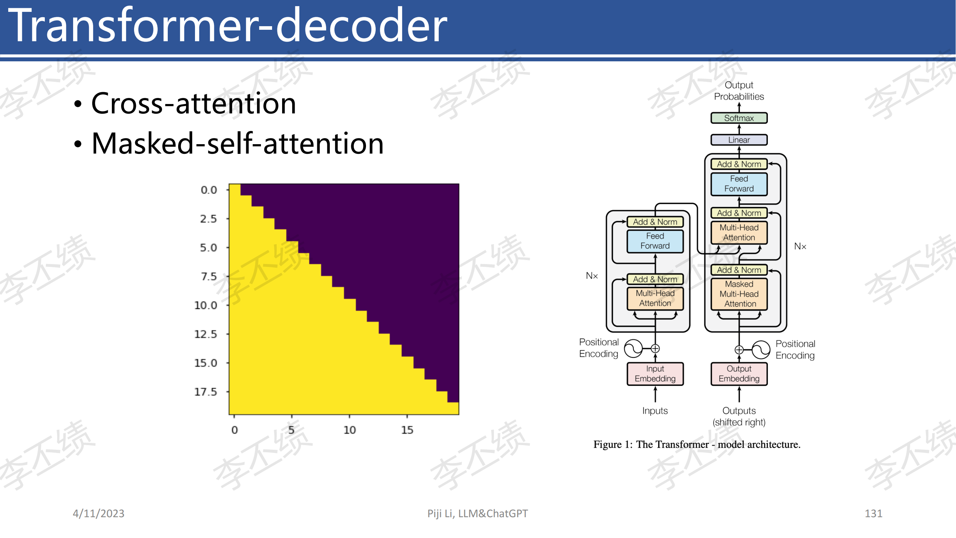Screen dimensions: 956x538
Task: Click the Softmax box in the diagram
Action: [738, 118]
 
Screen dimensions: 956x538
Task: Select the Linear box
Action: [738, 140]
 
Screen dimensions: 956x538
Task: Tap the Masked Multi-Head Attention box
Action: [739, 294]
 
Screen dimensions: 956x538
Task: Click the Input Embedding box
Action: [655, 373]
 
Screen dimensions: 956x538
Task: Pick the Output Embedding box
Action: [739, 373]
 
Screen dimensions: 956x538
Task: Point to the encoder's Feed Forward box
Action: [655, 241]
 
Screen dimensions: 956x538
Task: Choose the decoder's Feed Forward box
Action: [739, 184]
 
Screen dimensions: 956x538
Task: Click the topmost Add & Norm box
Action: [739, 164]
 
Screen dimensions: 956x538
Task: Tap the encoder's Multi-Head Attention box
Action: [655, 298]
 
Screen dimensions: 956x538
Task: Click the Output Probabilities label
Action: [739, 91]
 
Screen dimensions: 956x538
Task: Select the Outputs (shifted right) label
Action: [739, 416]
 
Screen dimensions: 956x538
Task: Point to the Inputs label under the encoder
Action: [655, 411]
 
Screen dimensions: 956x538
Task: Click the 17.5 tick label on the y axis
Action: [206, 392]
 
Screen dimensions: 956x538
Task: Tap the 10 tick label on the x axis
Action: [349, 430]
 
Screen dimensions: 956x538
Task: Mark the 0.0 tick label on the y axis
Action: [209, 190]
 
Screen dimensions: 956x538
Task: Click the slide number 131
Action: [874, 514]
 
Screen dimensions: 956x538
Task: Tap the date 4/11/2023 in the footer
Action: [98, 514]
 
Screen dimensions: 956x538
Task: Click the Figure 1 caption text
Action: [697, 444]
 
